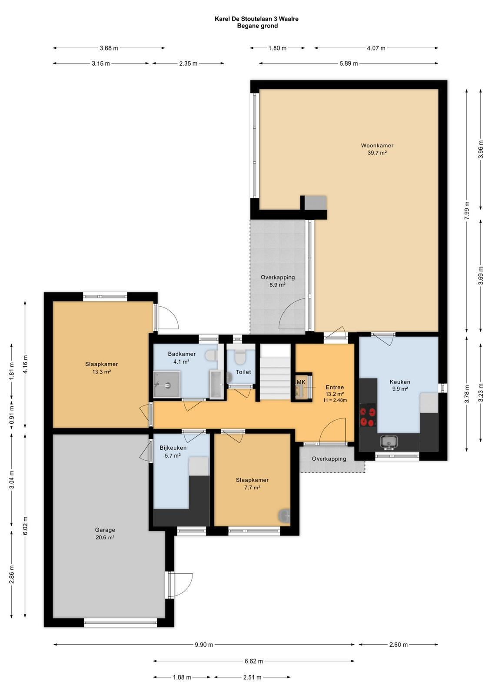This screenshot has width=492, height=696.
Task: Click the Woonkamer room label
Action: [377, 145]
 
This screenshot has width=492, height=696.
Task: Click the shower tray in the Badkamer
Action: [167, 385]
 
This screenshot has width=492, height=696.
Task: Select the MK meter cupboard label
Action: [301, 382]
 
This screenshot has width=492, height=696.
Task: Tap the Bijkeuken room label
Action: [173, 448]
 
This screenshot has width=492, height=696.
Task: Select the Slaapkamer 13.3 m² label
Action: [102, 368]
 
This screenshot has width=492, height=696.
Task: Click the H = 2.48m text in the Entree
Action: [335, 400]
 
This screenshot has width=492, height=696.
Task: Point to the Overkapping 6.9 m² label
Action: [277, 281]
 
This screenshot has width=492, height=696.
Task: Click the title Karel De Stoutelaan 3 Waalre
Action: [257, 19]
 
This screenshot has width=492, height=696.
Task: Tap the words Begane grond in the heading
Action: [257, 26]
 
